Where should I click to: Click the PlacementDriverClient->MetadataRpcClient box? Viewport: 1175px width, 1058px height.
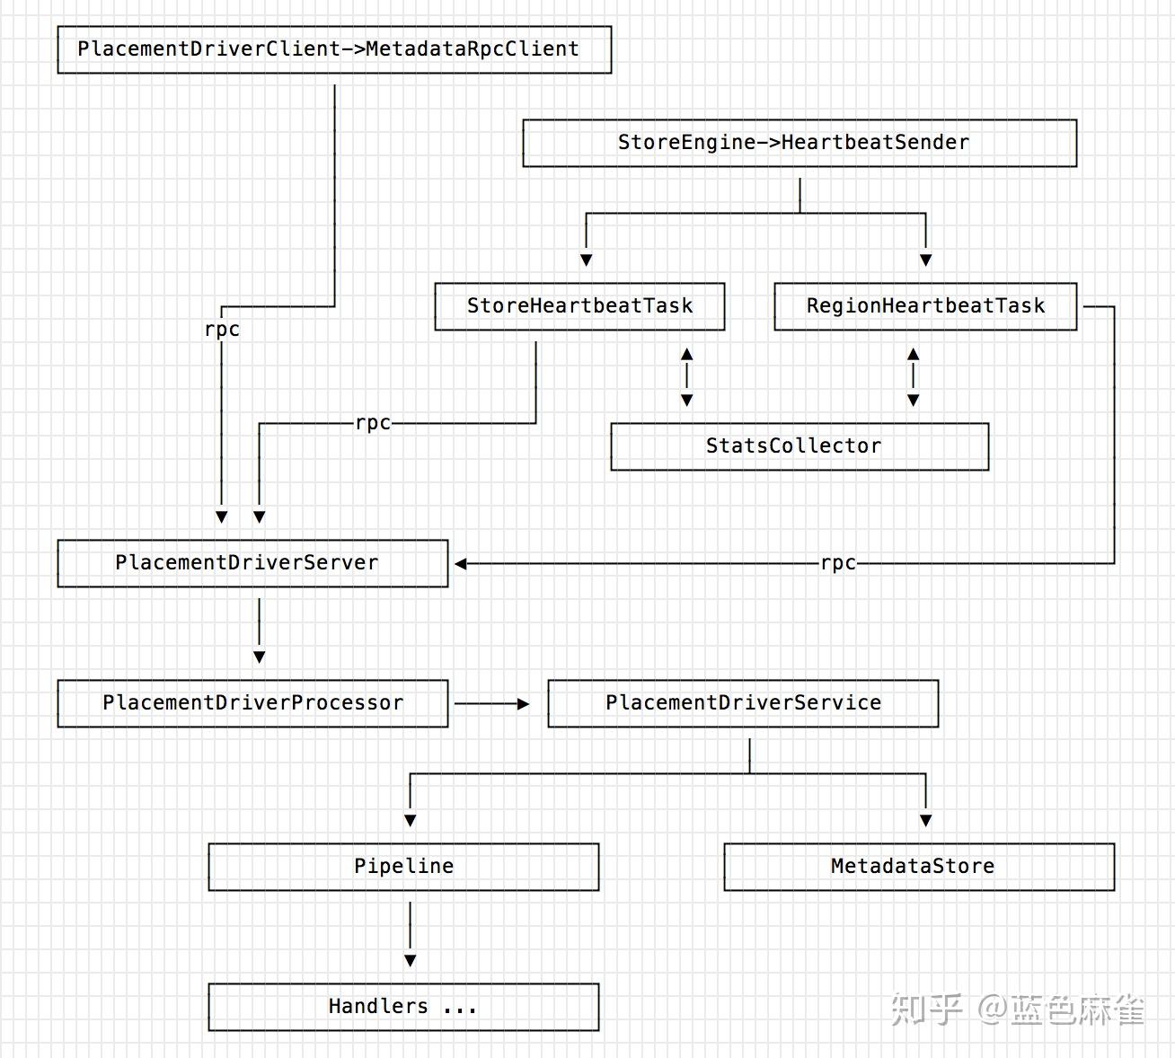(x=334, y=49)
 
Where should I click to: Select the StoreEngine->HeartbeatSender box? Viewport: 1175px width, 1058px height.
(x=800, y=143)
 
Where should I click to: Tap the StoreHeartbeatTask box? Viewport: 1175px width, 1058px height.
(x=579, y=306)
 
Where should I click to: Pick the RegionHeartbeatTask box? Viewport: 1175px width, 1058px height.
(x=925, y=306)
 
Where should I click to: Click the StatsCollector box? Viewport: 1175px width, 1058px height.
(x=800, y=446)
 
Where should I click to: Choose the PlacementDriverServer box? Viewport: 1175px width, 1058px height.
(x=252, y=563)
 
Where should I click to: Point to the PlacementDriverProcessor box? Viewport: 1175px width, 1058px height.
(x=252, y=703)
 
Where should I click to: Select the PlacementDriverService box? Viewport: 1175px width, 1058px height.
(x=743, y=703)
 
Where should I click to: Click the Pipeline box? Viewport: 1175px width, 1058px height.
(x=403, y=867)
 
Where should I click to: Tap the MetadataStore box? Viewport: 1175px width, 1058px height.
(x=919, y=867)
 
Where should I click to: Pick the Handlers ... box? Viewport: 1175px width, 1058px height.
(x=403, y=1007)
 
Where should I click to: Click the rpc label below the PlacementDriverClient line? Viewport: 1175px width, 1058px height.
(x=222, y=330)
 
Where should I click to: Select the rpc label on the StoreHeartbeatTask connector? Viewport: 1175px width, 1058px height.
(x=373, y=423)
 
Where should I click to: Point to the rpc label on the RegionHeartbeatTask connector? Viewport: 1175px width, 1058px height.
(x=838, y=563)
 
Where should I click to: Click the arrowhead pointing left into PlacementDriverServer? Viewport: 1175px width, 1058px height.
(x=461, y=564)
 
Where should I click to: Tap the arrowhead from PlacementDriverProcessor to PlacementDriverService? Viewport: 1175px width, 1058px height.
(x=523, y=704)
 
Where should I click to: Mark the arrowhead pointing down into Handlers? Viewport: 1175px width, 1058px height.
(x=411, y=960)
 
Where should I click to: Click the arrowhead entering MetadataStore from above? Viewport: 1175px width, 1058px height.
(x=926, y=820)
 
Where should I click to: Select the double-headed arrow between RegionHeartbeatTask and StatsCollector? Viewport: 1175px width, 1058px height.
(x=914, y=377)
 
